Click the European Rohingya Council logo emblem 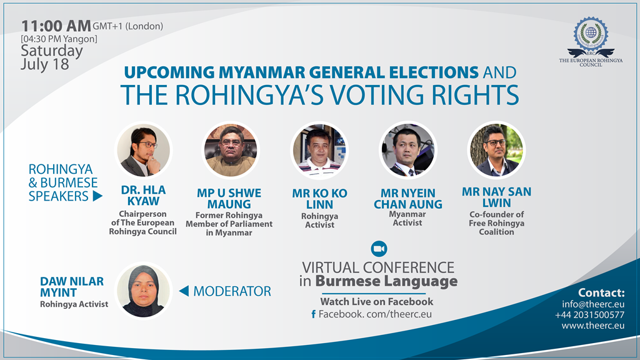coord(591,36)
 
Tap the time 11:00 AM coord(56,26)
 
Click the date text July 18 coord(45,64)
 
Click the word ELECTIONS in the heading coord(434,72)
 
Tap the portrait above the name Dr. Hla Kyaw coord(143,150)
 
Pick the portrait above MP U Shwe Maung coord(231,150)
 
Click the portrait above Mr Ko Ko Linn coord(319,150)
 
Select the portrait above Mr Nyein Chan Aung coord(407,150)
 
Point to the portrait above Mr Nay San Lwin coord(496,150)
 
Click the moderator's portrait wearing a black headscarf coord(143,291)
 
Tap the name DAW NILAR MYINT coord(72,287)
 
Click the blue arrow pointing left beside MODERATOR coord(184,291)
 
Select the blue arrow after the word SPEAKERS coord(97,196)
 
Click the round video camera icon coord(379,249)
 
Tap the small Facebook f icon coord(314,314)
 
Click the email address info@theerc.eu coord(593,304)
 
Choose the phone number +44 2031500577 coord(589,315)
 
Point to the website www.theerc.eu coord(592,326)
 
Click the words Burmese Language coord(386,282)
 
